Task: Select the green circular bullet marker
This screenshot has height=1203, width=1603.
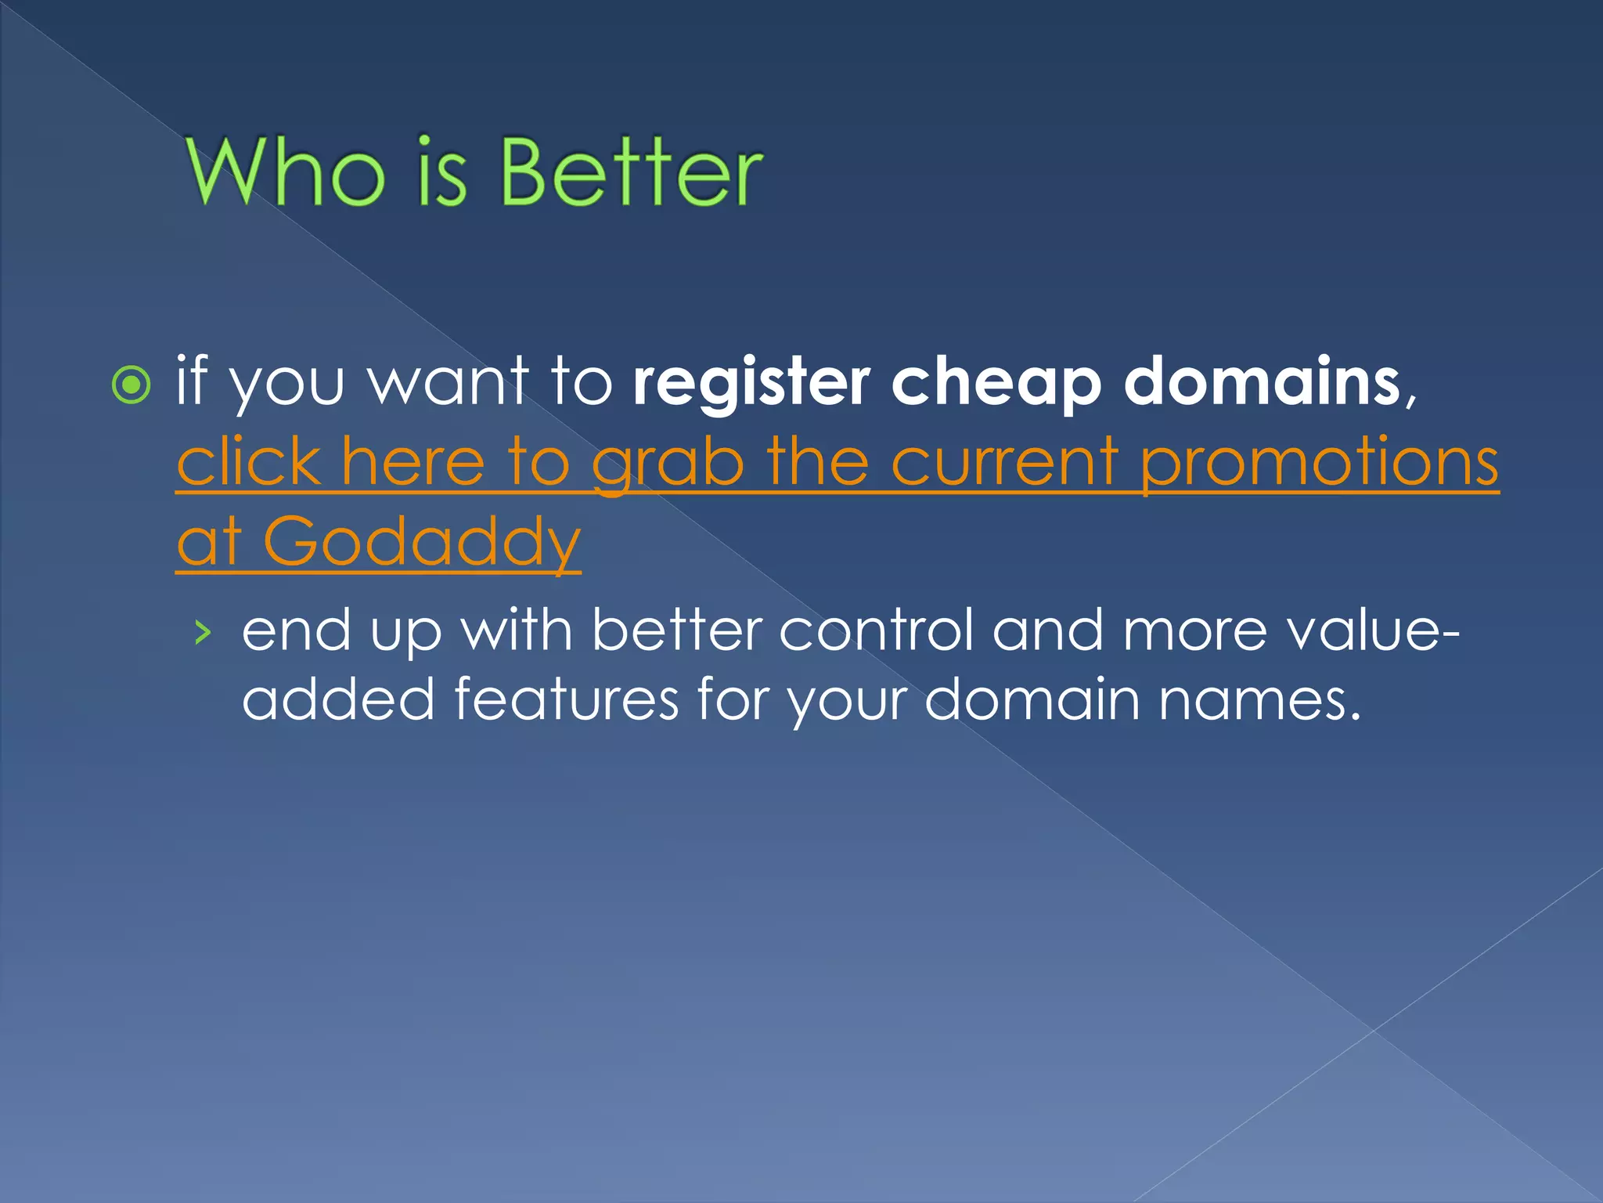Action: [131, 385]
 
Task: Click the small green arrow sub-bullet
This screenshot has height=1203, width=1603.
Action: [203, 631]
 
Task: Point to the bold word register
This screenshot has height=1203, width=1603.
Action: [751, 383]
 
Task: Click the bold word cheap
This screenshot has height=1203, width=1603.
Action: [996, 383]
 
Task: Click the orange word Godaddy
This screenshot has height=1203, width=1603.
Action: [422, 541]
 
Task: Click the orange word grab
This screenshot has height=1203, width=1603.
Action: [668, 464]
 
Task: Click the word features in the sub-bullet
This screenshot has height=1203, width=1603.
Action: [566, 699]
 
